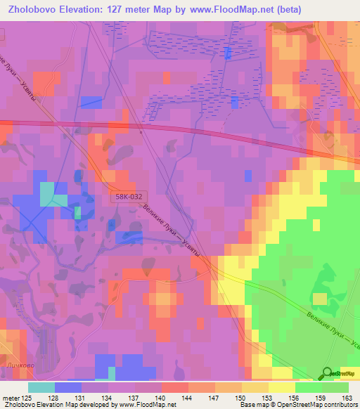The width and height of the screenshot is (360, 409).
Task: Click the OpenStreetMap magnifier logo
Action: pos(327,374)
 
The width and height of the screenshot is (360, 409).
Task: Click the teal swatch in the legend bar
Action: pos(41,387)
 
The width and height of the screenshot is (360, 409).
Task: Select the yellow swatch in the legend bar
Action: pos(281,387)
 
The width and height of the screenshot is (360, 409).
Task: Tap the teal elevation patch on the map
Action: pos(47,194)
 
